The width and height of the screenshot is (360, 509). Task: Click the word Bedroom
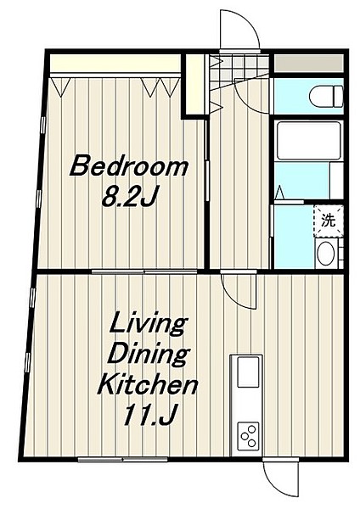(129, 166)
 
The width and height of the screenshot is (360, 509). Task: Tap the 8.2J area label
(130, 197)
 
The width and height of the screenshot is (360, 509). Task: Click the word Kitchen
(148, 384)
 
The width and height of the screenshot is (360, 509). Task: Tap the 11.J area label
(149, 415)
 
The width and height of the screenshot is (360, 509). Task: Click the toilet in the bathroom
(326, 96)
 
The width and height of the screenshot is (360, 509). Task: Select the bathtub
(308, 141)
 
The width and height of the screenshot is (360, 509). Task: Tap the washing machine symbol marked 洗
(329, 221)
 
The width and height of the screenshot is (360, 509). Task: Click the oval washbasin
(326, 253)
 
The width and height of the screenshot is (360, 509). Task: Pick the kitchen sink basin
(248, 372)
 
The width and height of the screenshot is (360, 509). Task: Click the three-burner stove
(248, 436)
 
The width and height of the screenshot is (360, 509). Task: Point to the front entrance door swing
(239, 30)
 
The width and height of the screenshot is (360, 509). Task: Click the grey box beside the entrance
(309, 64)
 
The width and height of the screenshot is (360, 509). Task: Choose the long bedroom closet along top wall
(115, 64)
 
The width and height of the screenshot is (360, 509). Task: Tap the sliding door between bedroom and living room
(144, 271)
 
